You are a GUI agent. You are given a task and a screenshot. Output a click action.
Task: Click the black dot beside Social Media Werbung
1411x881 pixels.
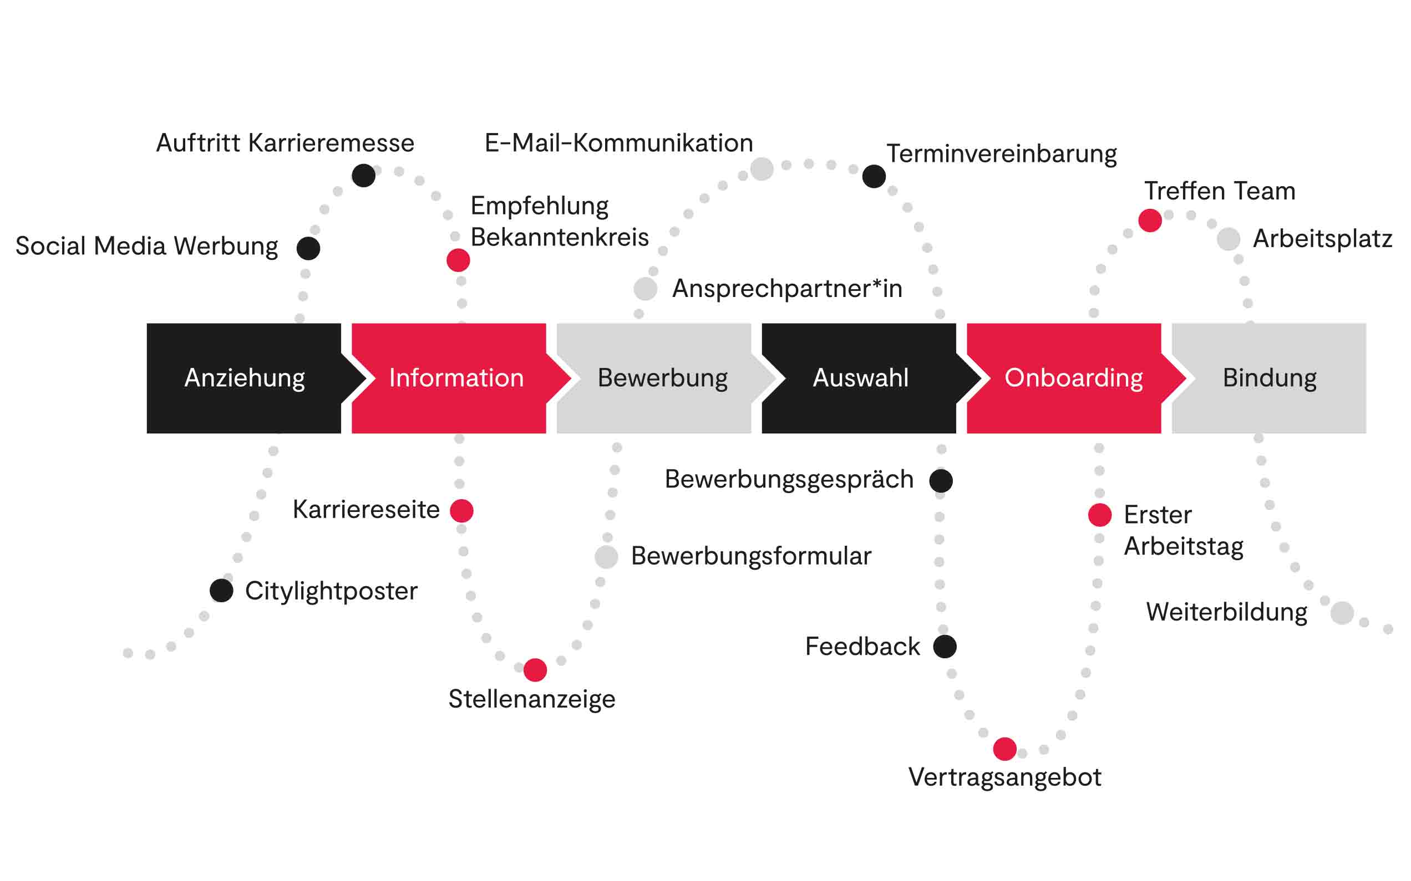click(308, 248)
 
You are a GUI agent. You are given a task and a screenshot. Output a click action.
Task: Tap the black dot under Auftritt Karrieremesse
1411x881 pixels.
click(363, 176)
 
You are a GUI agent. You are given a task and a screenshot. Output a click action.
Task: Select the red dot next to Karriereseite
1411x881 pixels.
click(462, 510)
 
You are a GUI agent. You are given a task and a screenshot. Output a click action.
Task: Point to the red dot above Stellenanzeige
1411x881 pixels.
click(535, 670)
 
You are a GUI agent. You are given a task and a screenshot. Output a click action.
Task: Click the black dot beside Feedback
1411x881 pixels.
click(945, 646)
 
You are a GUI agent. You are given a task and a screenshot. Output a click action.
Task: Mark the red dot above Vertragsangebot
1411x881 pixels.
click(1004, 749)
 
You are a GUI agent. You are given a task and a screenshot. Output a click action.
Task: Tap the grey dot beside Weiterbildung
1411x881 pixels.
click(1342, 613)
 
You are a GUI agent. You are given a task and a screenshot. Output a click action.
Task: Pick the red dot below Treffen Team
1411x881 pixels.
click(1150, 221)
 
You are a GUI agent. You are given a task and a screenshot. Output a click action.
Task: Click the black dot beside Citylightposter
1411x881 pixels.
click(221, 591)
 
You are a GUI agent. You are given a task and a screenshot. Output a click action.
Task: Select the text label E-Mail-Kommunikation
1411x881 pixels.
click(618, 144)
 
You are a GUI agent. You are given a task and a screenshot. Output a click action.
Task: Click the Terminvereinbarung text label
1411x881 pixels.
click(1001, 155)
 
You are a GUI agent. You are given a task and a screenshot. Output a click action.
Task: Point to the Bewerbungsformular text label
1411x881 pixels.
click(751, 556)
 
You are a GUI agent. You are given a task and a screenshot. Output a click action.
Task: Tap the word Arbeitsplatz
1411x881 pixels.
click(1322, 239)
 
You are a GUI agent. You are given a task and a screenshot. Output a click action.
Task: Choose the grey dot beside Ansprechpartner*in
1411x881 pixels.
click(646, 289)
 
